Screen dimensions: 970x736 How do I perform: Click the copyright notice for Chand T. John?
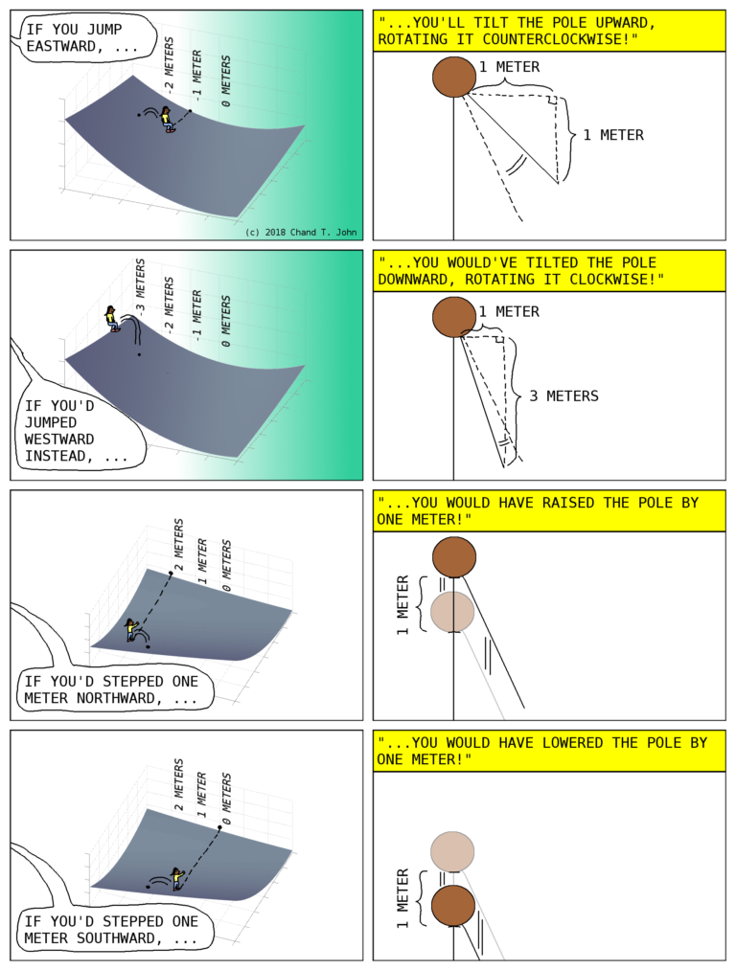300,232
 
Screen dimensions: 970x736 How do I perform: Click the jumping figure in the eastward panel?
169,119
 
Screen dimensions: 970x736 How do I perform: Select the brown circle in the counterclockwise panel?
454,77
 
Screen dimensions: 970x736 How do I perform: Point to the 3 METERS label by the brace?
563,395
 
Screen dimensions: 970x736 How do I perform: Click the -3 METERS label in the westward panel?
140,288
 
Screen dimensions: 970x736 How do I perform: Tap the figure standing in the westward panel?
113,318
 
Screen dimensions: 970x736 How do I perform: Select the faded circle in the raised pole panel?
453,611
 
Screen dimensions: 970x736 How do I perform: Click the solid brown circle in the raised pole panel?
454,557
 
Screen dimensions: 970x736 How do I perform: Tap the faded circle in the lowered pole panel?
453,851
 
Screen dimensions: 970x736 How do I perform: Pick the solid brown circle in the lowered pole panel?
453,906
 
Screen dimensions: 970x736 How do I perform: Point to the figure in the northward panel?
131,629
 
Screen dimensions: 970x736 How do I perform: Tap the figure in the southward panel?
176,878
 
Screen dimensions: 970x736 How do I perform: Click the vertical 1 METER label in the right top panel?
608,135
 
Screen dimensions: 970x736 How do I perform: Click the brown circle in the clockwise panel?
454,317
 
